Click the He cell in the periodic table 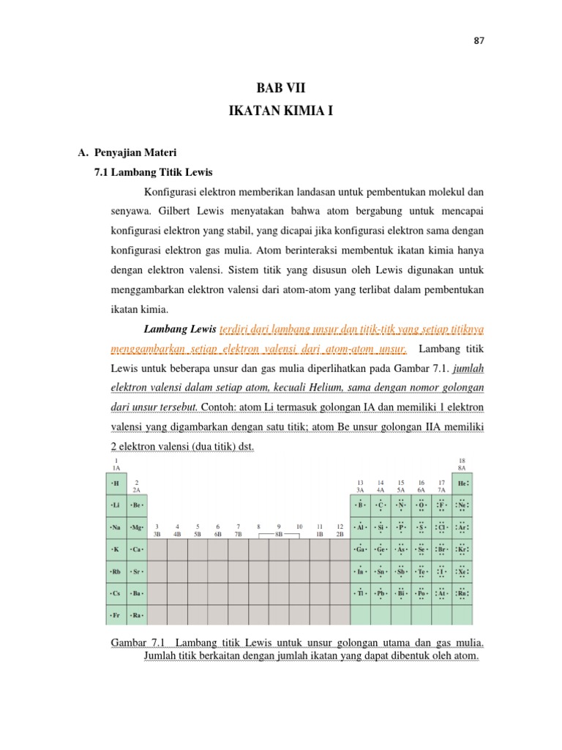point(462,483)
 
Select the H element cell point(116,483)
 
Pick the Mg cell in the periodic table point(137,527)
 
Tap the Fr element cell point(116,615)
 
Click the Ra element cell point(137,615)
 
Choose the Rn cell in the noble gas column point(462,593)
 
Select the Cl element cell point(442,527)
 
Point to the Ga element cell point(360,549)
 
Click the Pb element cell point(381,593)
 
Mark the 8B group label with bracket point(279,535)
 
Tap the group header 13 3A point(360,486)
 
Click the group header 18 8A point(462,463)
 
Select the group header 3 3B point(157,530)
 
